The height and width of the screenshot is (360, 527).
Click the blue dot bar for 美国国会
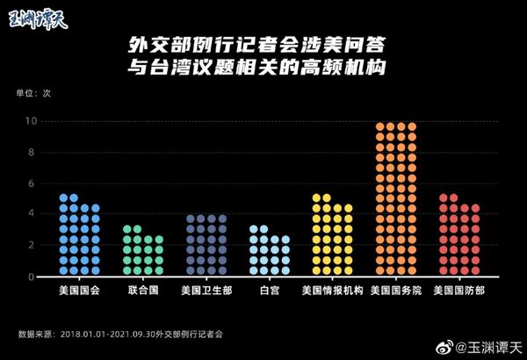(79, 235)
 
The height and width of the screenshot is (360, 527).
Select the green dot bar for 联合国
(142, 251)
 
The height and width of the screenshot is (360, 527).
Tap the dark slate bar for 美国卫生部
(206, 245)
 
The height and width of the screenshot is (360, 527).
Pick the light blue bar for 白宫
(269, 251)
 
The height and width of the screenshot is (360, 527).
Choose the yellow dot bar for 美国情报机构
(332, 235)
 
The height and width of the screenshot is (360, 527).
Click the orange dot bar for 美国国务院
(395, 199)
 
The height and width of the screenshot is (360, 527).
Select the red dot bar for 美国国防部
(459, 235)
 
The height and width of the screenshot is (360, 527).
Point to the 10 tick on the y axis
(31, 121)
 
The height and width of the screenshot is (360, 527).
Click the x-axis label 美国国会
(79, 290)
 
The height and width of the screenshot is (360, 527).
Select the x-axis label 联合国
(142, 290)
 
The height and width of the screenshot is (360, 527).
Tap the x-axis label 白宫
(269, 290)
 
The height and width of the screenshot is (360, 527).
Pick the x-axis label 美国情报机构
(332, 290)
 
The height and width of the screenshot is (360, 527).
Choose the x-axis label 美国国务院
(395, 290)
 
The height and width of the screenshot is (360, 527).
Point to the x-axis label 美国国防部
(459, 290)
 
